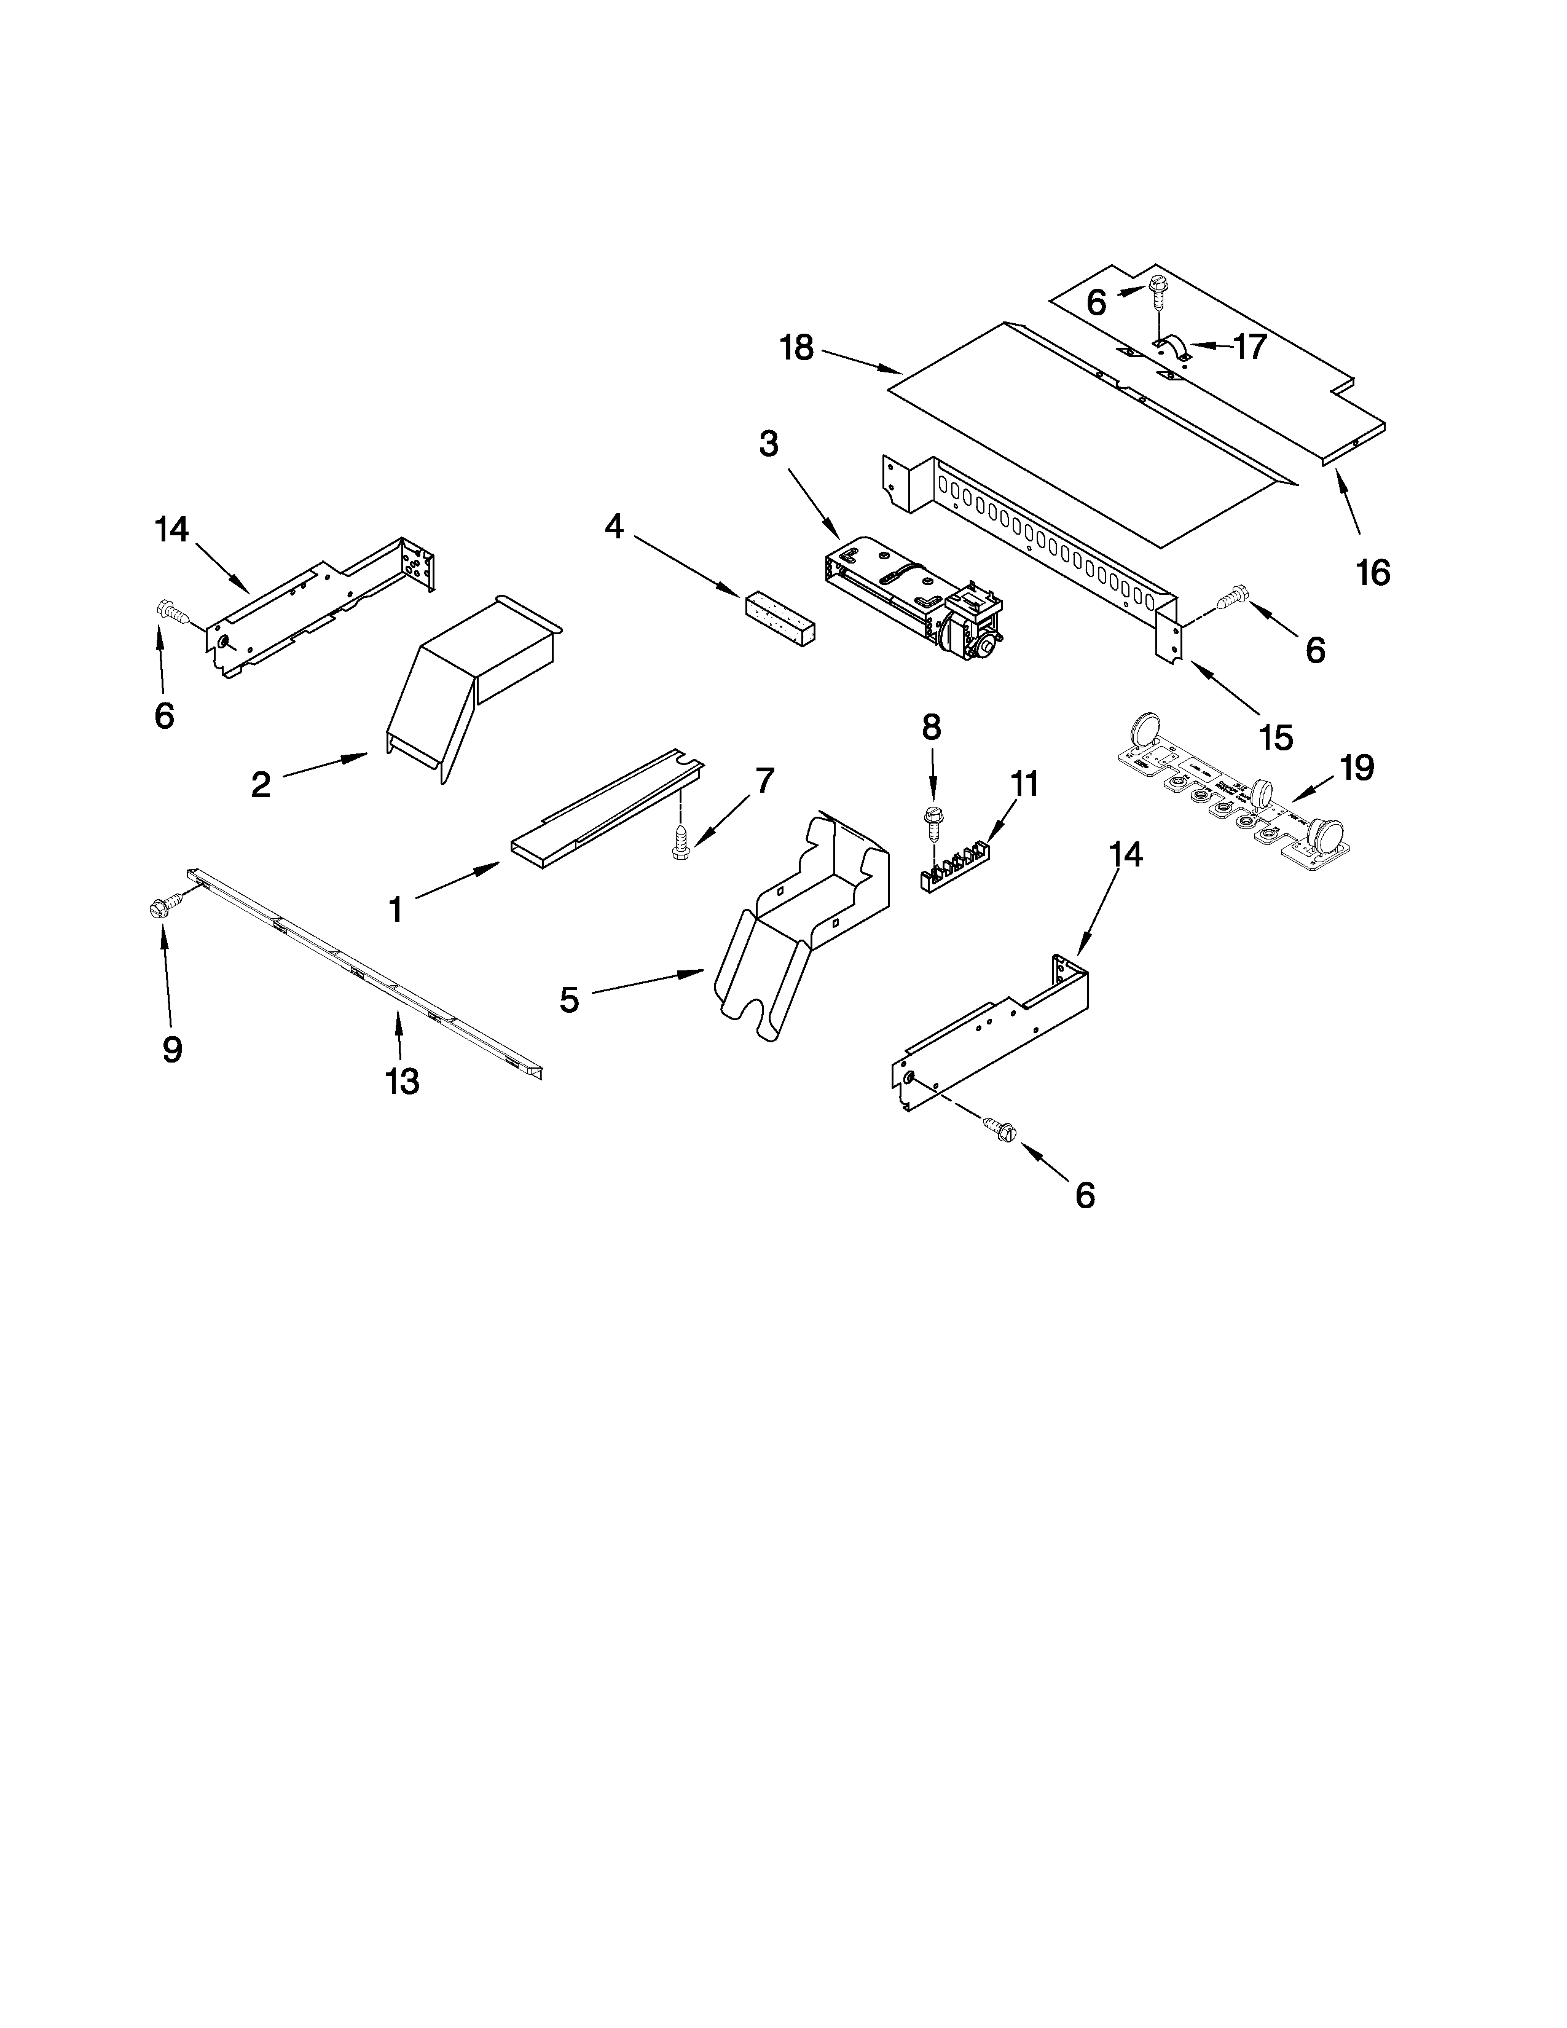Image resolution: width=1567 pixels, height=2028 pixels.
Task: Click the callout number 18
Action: (796, 348)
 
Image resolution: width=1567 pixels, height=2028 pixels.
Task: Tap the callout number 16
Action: (1373, 573)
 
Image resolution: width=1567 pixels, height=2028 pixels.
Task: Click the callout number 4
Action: (614, 527)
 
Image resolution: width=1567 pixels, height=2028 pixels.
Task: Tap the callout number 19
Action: (1356, 768)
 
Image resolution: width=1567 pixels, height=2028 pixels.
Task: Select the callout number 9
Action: (171, 1049)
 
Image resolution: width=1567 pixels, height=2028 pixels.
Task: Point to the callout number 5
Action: (569, 1000)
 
